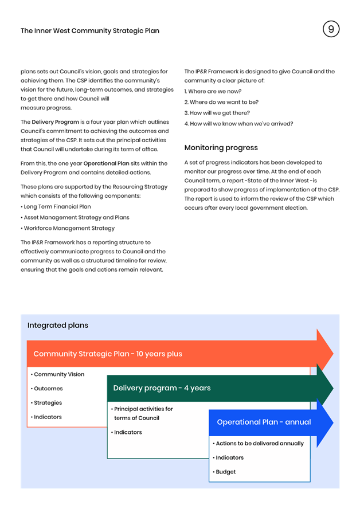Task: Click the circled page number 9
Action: [331, 29]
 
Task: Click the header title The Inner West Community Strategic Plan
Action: [90, 31]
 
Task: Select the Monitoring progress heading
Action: [221, 148]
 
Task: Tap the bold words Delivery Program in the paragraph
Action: [56, 122]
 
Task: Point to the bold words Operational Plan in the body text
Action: [107, 163]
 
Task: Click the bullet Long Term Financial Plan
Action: [56, 207]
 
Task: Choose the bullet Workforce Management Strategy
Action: [68, 228]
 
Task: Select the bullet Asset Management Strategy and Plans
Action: [75, 217]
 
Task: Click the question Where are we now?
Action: [213, 92]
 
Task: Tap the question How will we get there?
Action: [217, 113]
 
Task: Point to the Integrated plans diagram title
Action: [58, 325]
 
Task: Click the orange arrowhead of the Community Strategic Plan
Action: [324, 354]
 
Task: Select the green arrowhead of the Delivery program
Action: [324, 388]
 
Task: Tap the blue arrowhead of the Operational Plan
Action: [324, 422]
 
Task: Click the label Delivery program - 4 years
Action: [162, 388]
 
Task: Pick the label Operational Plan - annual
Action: [264, 422]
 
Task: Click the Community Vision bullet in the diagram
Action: [57, 374]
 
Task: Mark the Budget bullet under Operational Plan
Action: [224, 472]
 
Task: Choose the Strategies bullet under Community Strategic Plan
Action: [46, 403]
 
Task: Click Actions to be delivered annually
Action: [259, 444]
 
